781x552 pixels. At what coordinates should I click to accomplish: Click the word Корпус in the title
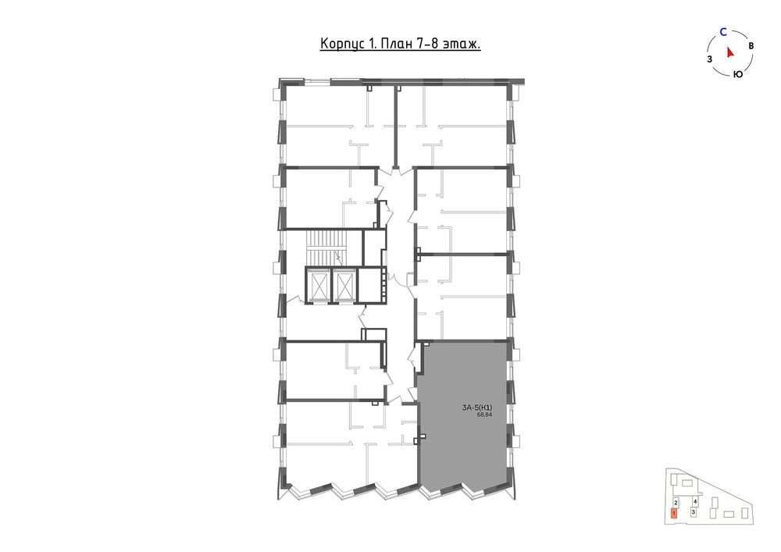(342, 45)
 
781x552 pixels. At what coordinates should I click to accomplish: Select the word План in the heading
(395, 44)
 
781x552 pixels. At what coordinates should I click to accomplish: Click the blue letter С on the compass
(723, 32)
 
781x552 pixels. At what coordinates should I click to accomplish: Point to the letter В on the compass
(751, 45)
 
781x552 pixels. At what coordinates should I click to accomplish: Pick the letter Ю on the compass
(738, 74)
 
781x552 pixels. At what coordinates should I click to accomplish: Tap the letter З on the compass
(709, 60)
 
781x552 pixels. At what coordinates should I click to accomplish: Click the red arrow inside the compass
(730, 52)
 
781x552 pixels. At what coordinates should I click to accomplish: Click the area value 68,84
(484, 415)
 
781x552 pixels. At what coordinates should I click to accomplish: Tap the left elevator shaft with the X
(318, 285)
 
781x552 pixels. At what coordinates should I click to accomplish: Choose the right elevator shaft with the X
(343, 285)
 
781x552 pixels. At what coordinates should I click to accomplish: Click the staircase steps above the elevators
(323, 248)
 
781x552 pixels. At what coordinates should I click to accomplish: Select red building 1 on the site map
(674, 514)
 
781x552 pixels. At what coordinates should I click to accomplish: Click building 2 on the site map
(676, 503)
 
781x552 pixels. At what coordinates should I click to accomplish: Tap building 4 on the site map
(695, 502)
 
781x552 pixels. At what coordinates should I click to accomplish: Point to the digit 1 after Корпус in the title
(371, 45)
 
